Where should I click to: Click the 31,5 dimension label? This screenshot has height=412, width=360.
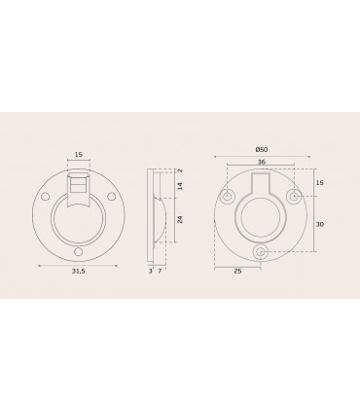[x=79, y=271]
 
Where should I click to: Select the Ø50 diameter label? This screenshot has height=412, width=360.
[x=262, y=149]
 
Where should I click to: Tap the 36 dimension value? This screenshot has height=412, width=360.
[x=262, y=162]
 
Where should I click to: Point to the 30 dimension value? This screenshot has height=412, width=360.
[x=320, y=224]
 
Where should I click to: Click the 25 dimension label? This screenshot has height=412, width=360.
[x=237, y=271]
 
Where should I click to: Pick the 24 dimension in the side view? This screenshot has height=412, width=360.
[x=181, y=219]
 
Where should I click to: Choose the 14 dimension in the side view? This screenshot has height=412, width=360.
[x=181, y=186]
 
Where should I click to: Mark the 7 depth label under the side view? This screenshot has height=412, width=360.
[x=160, y=271]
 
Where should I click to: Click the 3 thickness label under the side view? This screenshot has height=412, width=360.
[x=151, y=271]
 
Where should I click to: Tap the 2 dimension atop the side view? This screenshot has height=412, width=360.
[x=181, y=170]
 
